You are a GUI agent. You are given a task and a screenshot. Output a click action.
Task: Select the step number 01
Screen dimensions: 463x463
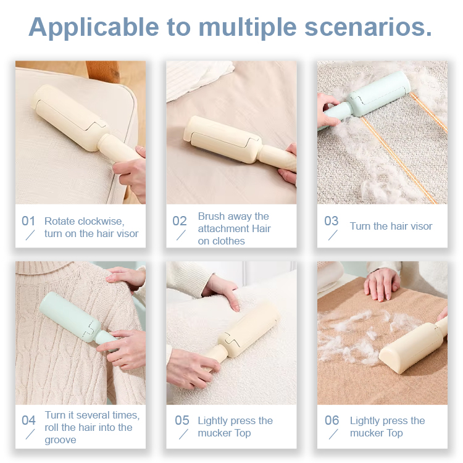(29, 221)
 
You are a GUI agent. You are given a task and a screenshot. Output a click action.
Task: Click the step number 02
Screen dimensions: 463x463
(180, 221)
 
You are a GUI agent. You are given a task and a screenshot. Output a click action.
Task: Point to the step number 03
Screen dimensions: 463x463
(332, 221)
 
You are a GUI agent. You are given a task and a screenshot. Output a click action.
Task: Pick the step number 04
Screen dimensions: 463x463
(29, 420)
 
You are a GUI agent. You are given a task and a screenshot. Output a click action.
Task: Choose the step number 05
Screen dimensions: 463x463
(182, 420)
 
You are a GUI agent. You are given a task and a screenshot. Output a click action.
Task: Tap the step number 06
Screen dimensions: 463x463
(332, 420)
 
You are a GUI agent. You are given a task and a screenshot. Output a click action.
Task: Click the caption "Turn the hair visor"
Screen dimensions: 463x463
(391, 226)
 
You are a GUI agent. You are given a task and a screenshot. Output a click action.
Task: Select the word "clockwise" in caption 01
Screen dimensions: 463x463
(101, 221)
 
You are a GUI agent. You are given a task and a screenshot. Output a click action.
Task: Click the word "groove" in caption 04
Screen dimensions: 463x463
(60, 440)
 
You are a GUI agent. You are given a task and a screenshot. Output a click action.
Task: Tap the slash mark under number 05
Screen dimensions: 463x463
(183, 435)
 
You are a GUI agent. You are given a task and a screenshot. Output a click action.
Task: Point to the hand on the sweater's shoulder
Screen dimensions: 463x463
(127, 276)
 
